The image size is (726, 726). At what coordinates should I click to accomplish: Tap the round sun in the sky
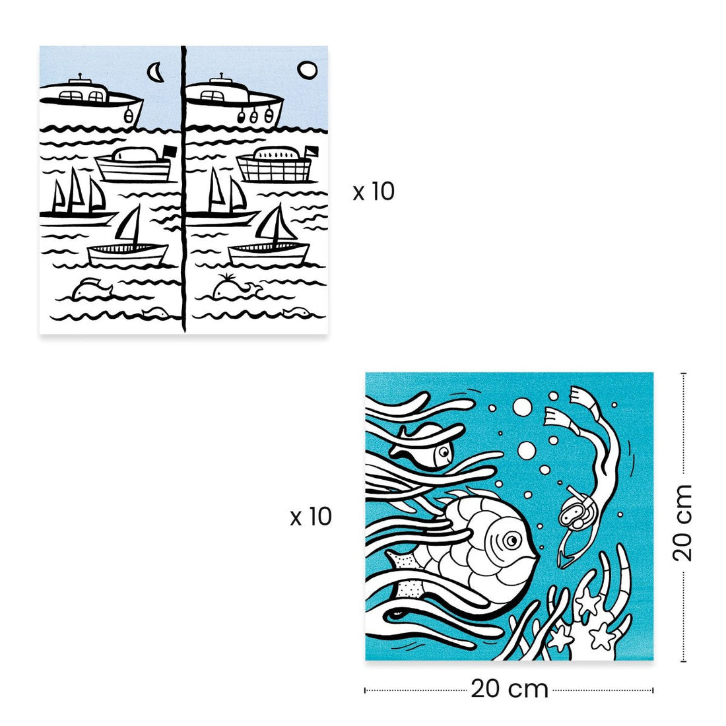307,71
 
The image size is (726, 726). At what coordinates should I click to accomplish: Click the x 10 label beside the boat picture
373,191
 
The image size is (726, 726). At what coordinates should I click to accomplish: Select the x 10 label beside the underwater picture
311,517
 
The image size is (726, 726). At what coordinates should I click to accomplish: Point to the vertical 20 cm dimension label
682,523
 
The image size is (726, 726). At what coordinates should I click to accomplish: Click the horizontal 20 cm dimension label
510,689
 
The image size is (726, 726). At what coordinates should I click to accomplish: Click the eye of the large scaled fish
511,540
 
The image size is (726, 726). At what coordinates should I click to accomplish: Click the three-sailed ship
78,198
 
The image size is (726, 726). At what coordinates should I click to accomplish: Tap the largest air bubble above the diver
522,407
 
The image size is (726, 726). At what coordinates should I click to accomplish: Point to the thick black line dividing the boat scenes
184,189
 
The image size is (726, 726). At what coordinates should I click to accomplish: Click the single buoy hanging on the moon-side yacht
129,115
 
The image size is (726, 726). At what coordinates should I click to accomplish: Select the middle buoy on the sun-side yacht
253,116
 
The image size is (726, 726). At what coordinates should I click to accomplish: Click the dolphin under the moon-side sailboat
92,288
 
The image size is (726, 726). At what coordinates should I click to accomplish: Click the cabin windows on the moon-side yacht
83,96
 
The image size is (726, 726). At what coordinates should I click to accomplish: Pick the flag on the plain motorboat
170,152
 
